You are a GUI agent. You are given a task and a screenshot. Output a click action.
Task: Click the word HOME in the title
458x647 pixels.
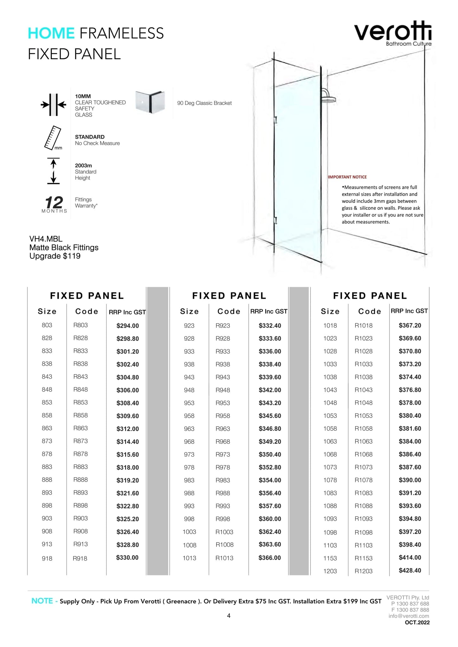coord(51,33)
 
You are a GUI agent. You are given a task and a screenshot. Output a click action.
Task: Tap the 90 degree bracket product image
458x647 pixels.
coord(150,102)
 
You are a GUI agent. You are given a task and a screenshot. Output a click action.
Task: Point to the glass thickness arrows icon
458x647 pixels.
coord(54,105)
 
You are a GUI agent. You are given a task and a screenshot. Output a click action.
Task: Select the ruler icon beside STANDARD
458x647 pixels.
coord(53,138)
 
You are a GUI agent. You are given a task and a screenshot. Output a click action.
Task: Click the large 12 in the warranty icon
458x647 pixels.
coord(54,202)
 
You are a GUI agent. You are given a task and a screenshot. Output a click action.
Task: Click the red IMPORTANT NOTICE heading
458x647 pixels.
coord(347,177)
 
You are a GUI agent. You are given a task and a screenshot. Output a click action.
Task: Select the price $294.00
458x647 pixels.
coord(127,326)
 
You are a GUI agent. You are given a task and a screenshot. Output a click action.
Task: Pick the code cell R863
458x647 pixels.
coord(81,428)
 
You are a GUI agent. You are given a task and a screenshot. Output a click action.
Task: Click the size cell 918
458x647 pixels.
coord(47,558)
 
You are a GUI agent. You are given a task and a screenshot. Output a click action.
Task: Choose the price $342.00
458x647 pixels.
coord(270,390)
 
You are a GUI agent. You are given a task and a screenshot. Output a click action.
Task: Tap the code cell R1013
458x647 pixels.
coord(224,558)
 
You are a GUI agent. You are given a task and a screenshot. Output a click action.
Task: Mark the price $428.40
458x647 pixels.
coord(410,570)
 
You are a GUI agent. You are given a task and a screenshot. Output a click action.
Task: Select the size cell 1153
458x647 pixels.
coord(330,558)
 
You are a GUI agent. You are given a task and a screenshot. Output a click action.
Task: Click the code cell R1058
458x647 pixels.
coord(364,428)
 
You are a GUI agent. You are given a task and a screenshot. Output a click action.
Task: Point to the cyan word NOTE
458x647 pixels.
coord(42,601)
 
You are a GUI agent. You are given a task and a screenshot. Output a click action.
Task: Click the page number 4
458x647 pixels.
coord(229,616)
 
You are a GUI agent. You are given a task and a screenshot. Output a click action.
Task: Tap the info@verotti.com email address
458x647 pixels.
coord(409,616)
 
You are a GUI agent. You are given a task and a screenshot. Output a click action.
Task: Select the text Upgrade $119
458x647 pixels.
coord(55,256)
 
